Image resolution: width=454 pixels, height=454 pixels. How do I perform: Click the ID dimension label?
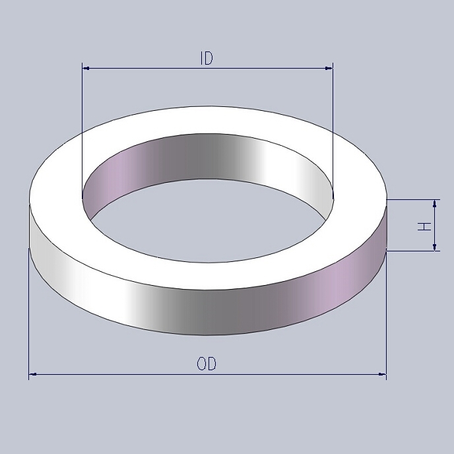click(x=207, y=59)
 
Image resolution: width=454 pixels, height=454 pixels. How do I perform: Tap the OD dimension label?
click(x=207, y=364)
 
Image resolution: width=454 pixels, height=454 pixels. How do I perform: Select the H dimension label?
click(x=426, y=226)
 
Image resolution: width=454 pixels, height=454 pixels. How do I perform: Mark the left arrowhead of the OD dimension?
click(x=33, y=375)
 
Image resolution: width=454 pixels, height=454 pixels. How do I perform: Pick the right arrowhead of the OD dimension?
click(x=382, y=375)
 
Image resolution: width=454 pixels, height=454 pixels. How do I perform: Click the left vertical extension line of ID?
click(x=82, y=132)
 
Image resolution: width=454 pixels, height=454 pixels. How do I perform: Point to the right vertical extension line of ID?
click(x=333, y=132)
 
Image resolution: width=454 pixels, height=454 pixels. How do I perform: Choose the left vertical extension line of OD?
click(x=29, y=310)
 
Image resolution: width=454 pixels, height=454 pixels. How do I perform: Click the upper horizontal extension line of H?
click(x=412, y=199)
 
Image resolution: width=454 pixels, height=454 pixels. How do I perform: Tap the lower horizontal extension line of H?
click(x=412, y=251)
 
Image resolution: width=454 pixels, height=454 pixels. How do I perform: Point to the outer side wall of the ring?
click(x=198, y=310)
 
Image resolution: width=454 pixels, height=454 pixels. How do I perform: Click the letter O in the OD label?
click(x=201, y=364)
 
